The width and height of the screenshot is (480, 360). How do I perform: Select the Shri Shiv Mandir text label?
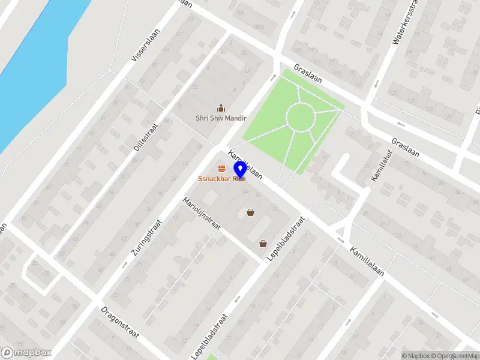tap(221, 118)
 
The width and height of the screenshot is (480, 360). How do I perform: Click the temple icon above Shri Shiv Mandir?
tap(221, 108)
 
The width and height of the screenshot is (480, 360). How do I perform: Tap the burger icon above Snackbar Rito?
tap(222, 169)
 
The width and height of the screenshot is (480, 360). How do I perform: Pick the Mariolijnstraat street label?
tap(202, 214)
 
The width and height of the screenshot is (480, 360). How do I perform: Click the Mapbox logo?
tap(26, 353)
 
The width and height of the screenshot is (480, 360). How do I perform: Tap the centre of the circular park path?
tap(299, 116)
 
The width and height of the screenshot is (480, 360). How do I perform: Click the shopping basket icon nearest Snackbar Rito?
tap(250, 212)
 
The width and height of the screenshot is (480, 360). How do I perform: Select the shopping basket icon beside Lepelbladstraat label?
tap(263, 244)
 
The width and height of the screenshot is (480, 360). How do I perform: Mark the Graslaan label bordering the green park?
tap(308, 75)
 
